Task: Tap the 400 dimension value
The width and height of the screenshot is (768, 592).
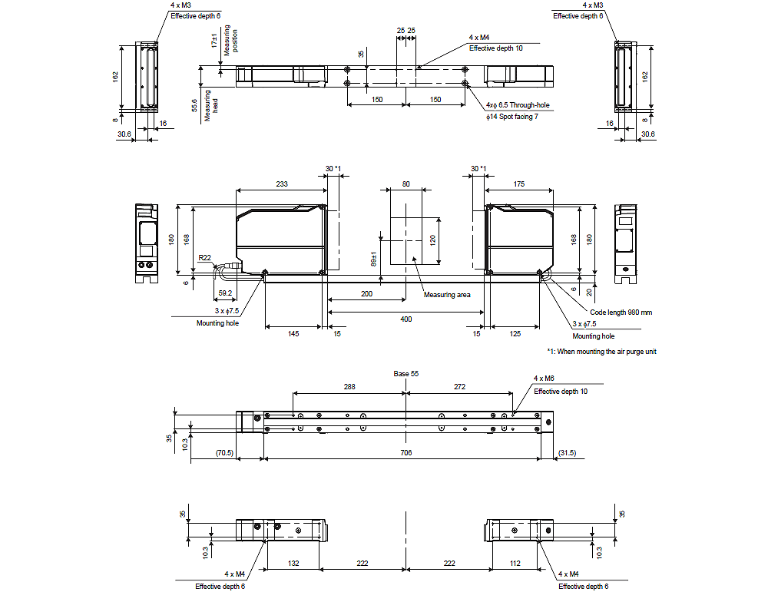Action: (x=406, y=318)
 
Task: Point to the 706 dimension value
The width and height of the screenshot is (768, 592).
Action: (x=406, y=453)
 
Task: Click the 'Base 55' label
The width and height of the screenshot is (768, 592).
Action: (x=406, y=374)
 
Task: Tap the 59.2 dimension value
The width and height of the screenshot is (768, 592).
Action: (x=226, y=293)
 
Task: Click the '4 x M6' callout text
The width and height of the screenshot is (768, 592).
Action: (x=545, y=379)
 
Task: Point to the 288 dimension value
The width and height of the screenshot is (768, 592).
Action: (x=349, y=387)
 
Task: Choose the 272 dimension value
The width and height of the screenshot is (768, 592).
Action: (x=459, y=387)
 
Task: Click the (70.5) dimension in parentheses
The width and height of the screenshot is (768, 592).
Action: (x=224, y=453)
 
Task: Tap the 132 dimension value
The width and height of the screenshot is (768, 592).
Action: (x=293, y=564)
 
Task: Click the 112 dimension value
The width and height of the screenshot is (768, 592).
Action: (x=515, y=564)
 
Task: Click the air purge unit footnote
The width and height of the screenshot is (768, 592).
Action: (x=601, y=352)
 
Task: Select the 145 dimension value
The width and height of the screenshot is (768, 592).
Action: (x=293, y=333)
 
